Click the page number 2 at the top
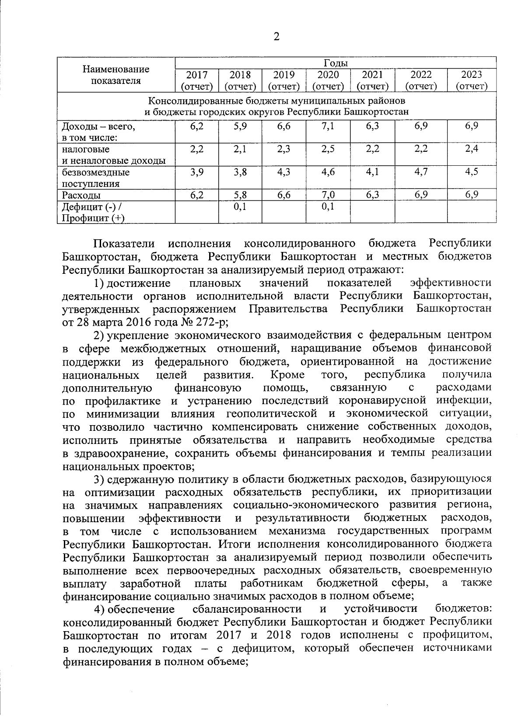coord(276,37)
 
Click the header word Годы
coord(336,63)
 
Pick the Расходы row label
coord(81,195)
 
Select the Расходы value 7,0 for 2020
coord(328,195)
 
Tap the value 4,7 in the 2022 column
coord(421,172)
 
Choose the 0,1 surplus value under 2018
coord(240,206)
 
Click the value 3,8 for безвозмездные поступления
coord(240,172)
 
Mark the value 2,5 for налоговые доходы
coord(328,149)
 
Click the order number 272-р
coord(213,322)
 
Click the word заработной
coord(150,583)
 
